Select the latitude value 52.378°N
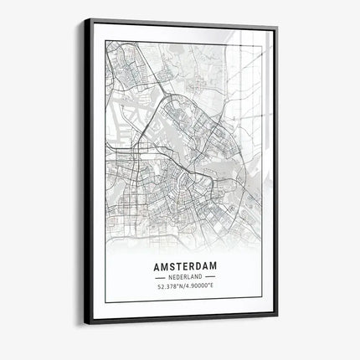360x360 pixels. (x=168, y=286)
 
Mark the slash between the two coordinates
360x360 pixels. (x=183, y=286)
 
